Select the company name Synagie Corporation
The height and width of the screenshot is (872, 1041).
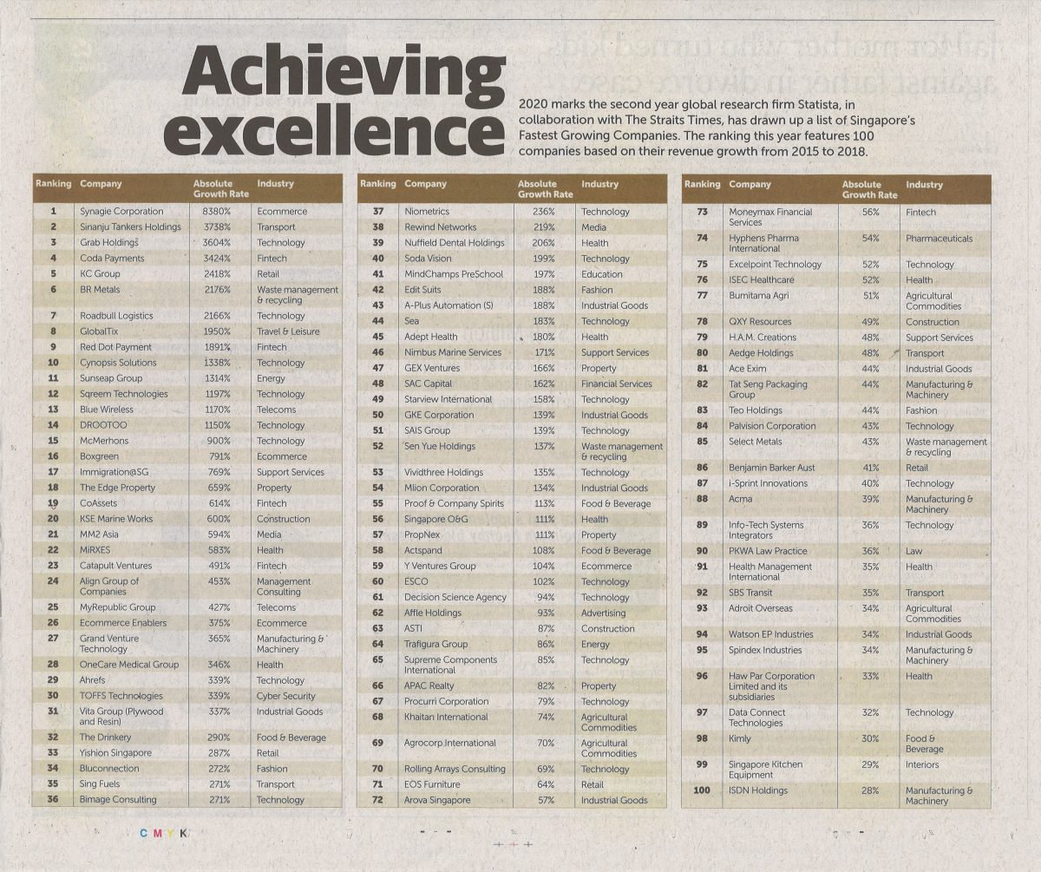[x=121, y=211]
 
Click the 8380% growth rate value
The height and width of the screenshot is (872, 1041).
[x=216, y=211]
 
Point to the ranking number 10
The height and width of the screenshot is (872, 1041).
[x=54, y=363]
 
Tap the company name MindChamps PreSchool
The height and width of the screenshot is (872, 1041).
[x=454, y=274]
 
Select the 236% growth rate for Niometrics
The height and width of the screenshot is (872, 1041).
[x=543, y=212]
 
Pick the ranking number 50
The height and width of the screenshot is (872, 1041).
[x=377, y=415]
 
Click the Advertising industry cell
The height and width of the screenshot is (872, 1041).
[x=603, y=613]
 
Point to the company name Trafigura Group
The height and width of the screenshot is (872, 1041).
[x=435, y=645]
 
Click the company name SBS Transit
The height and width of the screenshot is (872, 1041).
[x=750, y=593]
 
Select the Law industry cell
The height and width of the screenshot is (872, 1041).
[x=914, y=551]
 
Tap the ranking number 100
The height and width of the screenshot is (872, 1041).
[x=702, y=790]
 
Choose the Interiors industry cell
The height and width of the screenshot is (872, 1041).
[x=922, y=765]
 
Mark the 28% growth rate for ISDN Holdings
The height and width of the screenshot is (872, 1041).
[x=870, y=790]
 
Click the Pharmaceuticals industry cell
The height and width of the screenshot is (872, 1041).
[x=940, y=239]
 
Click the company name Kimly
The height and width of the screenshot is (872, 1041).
[x=740, y=738]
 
